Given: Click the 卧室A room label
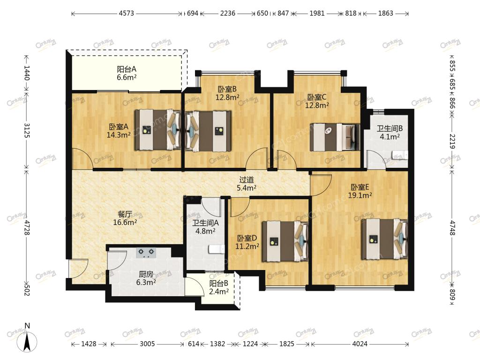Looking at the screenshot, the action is [x=119, y=127].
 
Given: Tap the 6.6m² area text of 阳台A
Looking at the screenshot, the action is [x=127, y=77].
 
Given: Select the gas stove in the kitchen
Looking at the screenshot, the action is [x=146, y=253].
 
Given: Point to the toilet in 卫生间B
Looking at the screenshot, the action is [x=400, y=155].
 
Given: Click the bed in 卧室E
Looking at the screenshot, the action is [x=385, y=239].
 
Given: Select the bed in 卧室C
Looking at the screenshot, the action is [x=335, y=137].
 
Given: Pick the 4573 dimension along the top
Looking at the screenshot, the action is [x=127, y=14].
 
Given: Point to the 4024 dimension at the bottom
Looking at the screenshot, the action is [x=360, y=344].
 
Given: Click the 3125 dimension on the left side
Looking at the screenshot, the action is [x=27, y=130].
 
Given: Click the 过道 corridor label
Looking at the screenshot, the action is [x=247, y=180].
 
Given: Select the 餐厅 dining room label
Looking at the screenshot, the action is [x=125, y=214].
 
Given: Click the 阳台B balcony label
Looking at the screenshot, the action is [x=218, y=284].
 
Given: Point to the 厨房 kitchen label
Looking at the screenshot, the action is [x=146, y=274].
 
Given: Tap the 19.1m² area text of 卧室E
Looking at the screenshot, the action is [x=360, y=195].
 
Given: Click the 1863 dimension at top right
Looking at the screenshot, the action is [x=385, y=14].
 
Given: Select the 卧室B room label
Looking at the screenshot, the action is [x=227, y=90].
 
